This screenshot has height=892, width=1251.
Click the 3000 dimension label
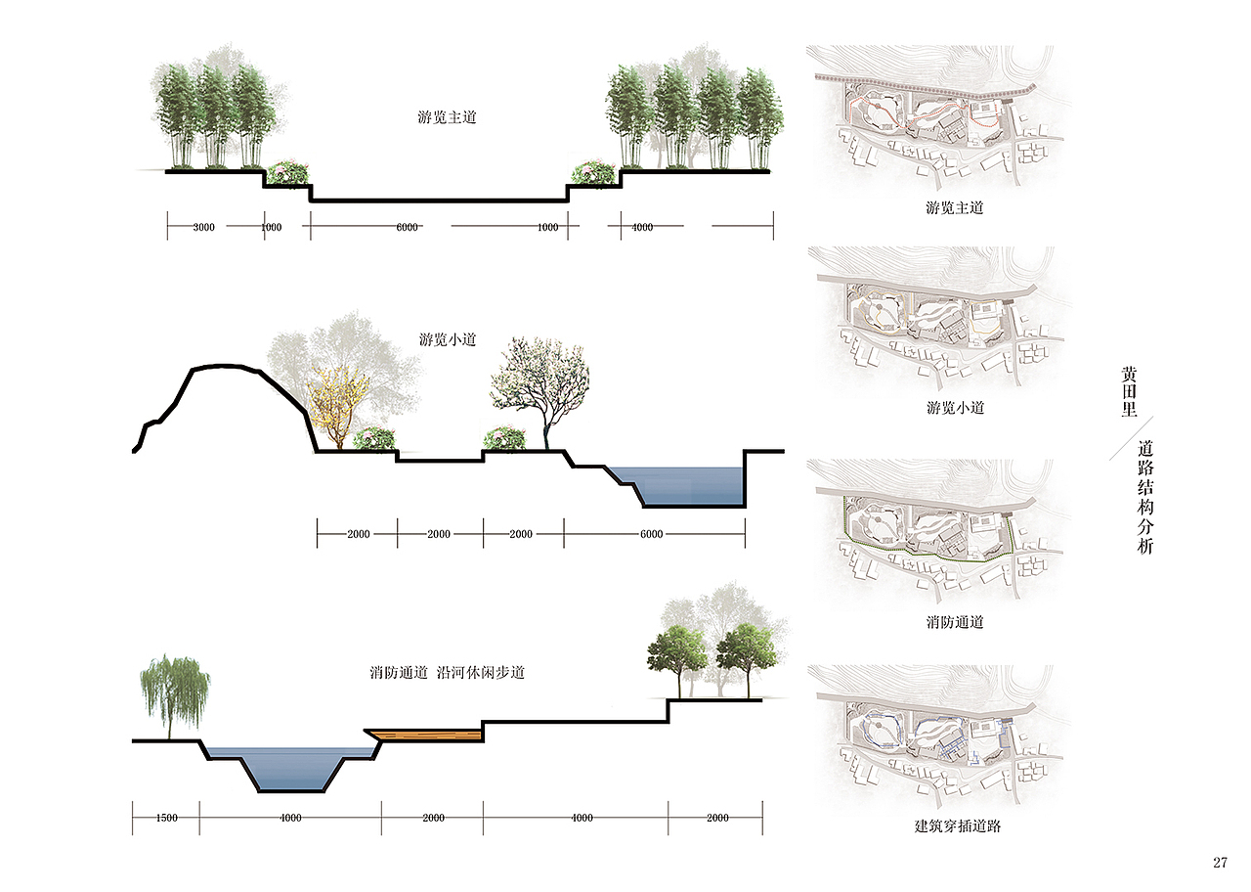click(204, 228)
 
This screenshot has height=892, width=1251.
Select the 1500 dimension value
click(166, 819)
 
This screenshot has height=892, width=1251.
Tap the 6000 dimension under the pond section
click(651, 534)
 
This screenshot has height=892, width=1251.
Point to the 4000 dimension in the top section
click(642, 228)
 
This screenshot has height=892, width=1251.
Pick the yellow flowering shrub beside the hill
click(337, 406)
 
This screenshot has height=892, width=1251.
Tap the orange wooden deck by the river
click(424, 736)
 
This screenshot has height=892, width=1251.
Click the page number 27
click(1220, 863)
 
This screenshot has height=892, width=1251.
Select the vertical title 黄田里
click(1129, 392)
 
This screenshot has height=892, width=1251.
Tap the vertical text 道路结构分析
click(1145, 497)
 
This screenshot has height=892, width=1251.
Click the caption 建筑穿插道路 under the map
click(957, 826)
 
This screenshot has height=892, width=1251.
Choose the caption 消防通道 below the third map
click(955, 622)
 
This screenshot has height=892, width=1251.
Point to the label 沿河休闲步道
click(481, 672)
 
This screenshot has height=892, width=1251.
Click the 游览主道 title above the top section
click(447, 117)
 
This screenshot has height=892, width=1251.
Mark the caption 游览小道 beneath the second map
click(955, 408)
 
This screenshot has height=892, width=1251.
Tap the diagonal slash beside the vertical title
click(1131, 439)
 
